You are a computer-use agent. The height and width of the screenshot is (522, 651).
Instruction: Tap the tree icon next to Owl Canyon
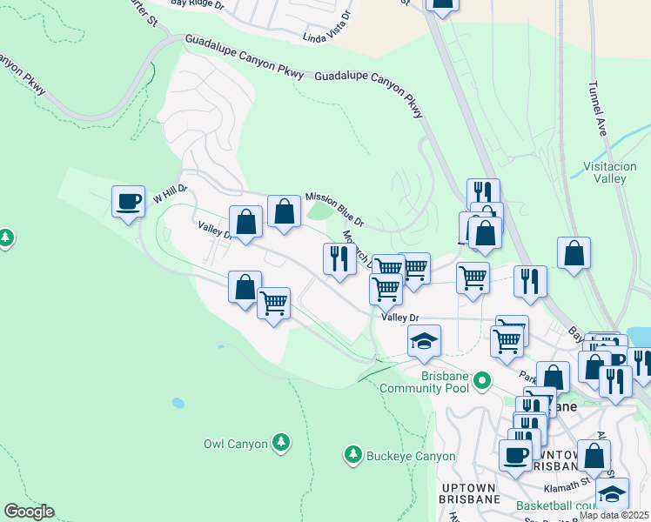coord(280,443)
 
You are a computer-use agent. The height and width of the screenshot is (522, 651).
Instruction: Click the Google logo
coord(29,512)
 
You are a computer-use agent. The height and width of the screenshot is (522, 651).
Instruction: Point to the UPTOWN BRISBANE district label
coord(471,492)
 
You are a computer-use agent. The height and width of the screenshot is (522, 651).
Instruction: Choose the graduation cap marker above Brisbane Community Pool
coord(424,341)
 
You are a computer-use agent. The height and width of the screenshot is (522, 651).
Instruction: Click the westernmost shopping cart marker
coord(274,304)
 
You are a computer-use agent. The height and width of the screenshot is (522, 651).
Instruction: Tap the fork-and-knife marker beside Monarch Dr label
coord(339,258)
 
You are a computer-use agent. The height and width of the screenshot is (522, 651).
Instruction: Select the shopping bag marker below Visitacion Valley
coord(574,254)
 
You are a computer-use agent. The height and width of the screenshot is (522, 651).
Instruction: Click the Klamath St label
coord(575,479)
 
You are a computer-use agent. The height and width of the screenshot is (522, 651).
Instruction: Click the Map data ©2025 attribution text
coord(614,515)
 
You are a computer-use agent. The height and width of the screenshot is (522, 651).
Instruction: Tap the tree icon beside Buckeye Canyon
coord(352,454)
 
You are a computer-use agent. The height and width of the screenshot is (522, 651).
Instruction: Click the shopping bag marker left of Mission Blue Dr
coord(284,211)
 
